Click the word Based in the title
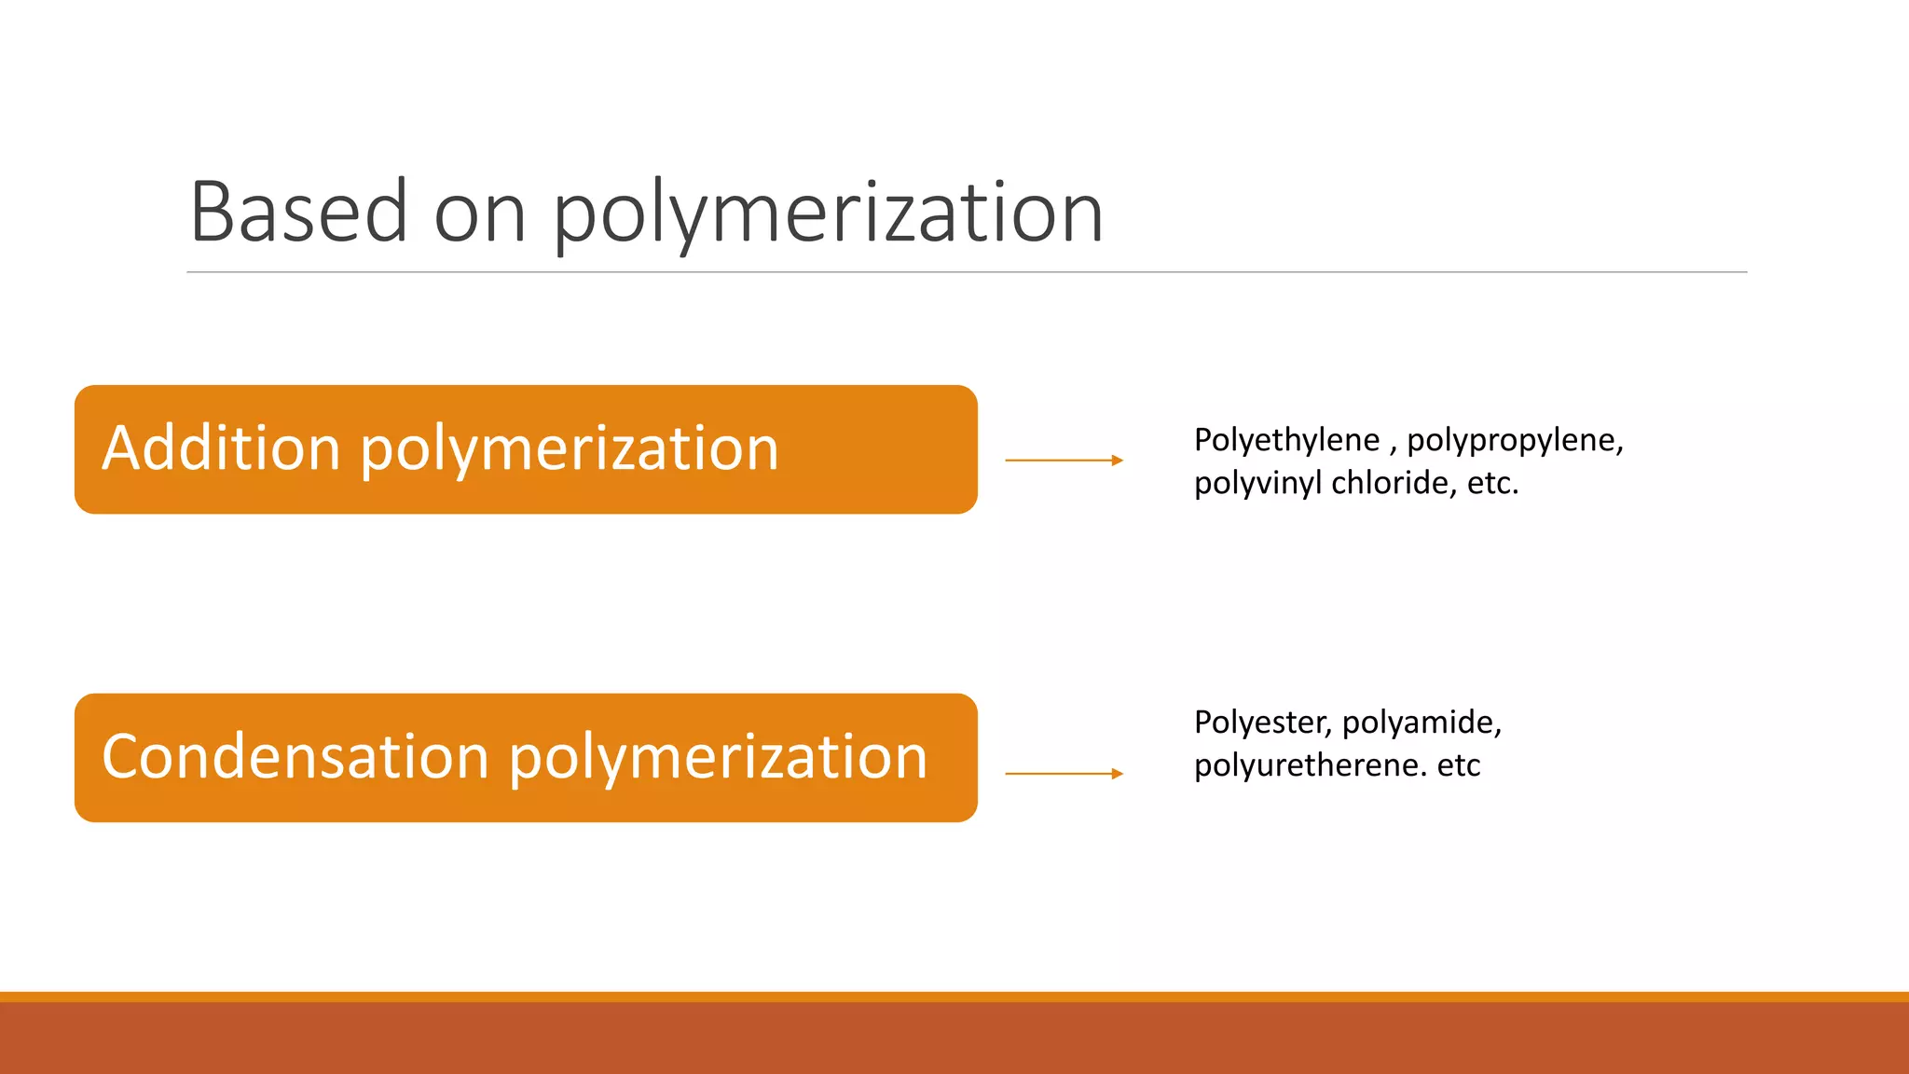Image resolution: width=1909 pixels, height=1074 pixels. click(298, 213)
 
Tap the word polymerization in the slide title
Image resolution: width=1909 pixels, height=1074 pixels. click(828, 214)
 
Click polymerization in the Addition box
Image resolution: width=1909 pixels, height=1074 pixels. click(569, 449)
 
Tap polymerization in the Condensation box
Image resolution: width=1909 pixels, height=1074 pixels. click(718, 758)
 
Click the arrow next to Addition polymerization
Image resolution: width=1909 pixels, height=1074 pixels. click(1064, 460)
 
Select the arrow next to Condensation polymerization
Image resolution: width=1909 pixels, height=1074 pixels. click(1064, 773)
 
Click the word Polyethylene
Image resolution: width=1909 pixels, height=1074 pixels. click(1286, 440)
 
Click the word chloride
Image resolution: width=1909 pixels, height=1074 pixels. click(1394, 483)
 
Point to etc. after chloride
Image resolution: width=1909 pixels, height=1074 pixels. click(1492, 483)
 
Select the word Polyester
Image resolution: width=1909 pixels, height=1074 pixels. click(1262, 723)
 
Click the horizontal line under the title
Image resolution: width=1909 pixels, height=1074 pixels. click(967, 272)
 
